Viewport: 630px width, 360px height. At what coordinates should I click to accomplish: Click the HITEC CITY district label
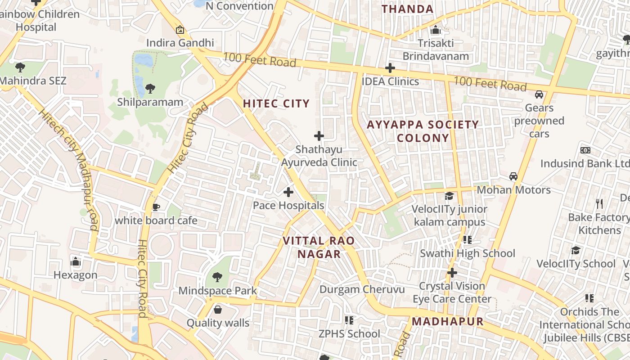point(276,103)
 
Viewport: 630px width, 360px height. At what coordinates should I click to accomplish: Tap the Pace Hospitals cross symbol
point(288,193)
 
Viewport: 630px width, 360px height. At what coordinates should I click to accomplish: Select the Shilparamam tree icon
point(150,89)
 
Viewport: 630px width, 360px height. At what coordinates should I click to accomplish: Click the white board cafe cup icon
point(156,207)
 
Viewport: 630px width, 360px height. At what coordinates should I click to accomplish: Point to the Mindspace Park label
point(218,291)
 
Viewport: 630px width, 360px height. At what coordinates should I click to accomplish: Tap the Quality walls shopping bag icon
point(218,310)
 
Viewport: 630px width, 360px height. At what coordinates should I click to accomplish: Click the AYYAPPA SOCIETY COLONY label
point(423,131)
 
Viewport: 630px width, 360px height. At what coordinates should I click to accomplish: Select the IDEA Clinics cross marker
point(390,68)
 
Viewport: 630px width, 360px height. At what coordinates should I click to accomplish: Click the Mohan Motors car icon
point(513,176)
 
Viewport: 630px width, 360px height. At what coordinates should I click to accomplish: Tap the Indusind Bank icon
point(585,150)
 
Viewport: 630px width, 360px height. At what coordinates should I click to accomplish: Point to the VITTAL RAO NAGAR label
point(319,247)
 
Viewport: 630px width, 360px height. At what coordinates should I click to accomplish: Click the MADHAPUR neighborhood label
point(448,322)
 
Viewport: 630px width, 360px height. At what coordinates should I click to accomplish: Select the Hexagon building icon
point(76,261)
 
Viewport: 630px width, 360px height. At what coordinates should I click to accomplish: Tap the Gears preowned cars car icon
point(539,94)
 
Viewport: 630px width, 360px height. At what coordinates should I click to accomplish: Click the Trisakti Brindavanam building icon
point(436,30)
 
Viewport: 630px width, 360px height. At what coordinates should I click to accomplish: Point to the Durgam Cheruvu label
point(362,289)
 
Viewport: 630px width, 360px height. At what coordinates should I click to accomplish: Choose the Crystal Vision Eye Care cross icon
point(452,273)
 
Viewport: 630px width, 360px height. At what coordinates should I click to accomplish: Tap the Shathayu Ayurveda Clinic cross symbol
point(319,136)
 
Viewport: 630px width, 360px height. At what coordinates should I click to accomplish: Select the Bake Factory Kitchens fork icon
point(599,204)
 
